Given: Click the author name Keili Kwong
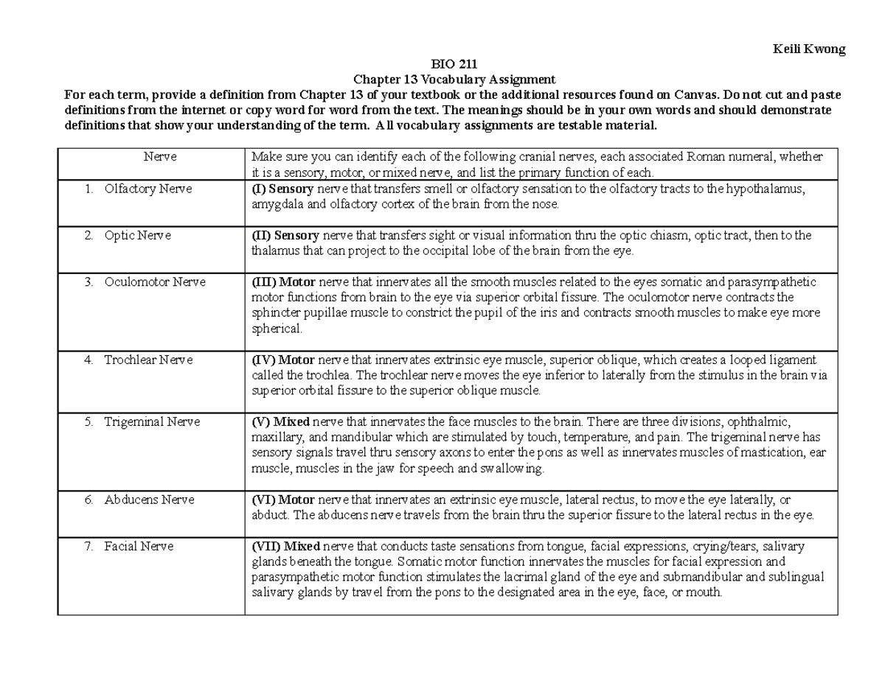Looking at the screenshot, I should point(808,49).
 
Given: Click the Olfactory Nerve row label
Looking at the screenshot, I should point(147,189).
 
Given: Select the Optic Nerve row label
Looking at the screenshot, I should point(137,236).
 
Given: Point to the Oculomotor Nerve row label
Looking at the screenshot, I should point(154,282).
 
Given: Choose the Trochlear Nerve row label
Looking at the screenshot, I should point(147,360).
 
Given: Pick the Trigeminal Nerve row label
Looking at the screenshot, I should point(151,422).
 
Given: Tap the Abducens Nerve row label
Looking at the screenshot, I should point(149,500).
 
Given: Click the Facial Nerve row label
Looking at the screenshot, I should point(139,547).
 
